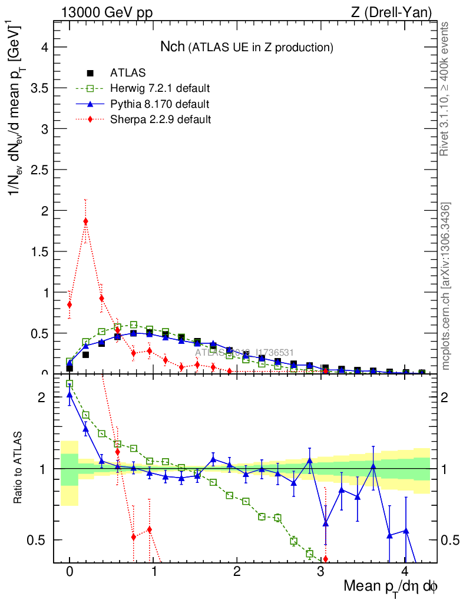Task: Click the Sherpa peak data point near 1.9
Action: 86,221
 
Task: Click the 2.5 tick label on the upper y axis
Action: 38,170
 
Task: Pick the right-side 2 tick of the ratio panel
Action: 448,397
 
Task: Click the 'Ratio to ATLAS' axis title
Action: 19,468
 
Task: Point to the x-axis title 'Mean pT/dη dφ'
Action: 391,587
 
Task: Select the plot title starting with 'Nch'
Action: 247,47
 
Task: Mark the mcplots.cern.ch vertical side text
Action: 446,286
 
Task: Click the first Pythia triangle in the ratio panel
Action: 70,394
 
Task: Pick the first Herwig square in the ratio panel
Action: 70,384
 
